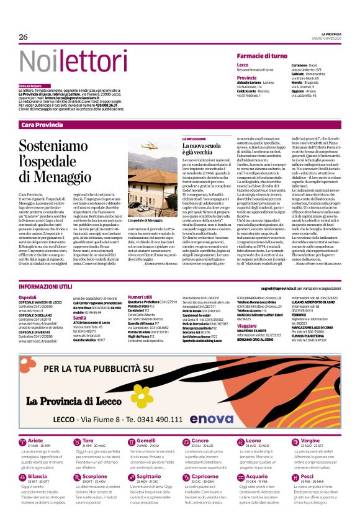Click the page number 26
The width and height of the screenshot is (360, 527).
pos(24,37)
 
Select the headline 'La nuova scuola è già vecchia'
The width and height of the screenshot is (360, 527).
pos(201,150)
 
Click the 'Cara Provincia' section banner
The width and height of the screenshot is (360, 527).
pos(42,125)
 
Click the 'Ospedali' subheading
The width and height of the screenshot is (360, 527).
pos(28,298)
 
